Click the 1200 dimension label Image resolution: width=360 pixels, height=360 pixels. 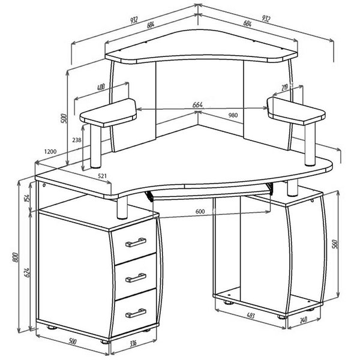pos(50,152)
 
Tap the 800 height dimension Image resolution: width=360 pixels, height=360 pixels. pos(15,257)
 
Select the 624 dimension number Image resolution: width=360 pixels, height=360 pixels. pos(27,272)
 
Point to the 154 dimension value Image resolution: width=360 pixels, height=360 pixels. pos(27,198)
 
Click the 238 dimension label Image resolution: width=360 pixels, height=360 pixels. pos(77,140)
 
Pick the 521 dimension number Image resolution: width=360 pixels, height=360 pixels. pos(103,176)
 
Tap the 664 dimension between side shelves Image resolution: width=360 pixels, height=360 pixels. pos(197,105)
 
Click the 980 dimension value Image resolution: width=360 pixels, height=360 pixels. pos(233,115)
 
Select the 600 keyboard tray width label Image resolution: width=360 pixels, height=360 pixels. pos(200,211)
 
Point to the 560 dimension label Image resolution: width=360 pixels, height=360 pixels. pos(335,244)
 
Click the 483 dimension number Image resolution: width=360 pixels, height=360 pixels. pos(250,316)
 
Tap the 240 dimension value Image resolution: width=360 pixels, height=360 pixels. pos(303,320)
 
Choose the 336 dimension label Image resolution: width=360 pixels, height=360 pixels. pos(133,343)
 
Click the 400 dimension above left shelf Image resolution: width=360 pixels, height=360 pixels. pos(101,87)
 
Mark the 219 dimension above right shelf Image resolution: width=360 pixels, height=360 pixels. pos(284,87)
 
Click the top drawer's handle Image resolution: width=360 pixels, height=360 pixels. pos(136,242)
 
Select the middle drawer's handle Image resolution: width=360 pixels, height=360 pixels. pos(136,278)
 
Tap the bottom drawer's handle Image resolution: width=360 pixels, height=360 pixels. pos(136,313)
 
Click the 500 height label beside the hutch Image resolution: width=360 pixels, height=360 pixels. pos(64,118)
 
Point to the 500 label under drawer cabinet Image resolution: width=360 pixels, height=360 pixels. pos(72,341)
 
